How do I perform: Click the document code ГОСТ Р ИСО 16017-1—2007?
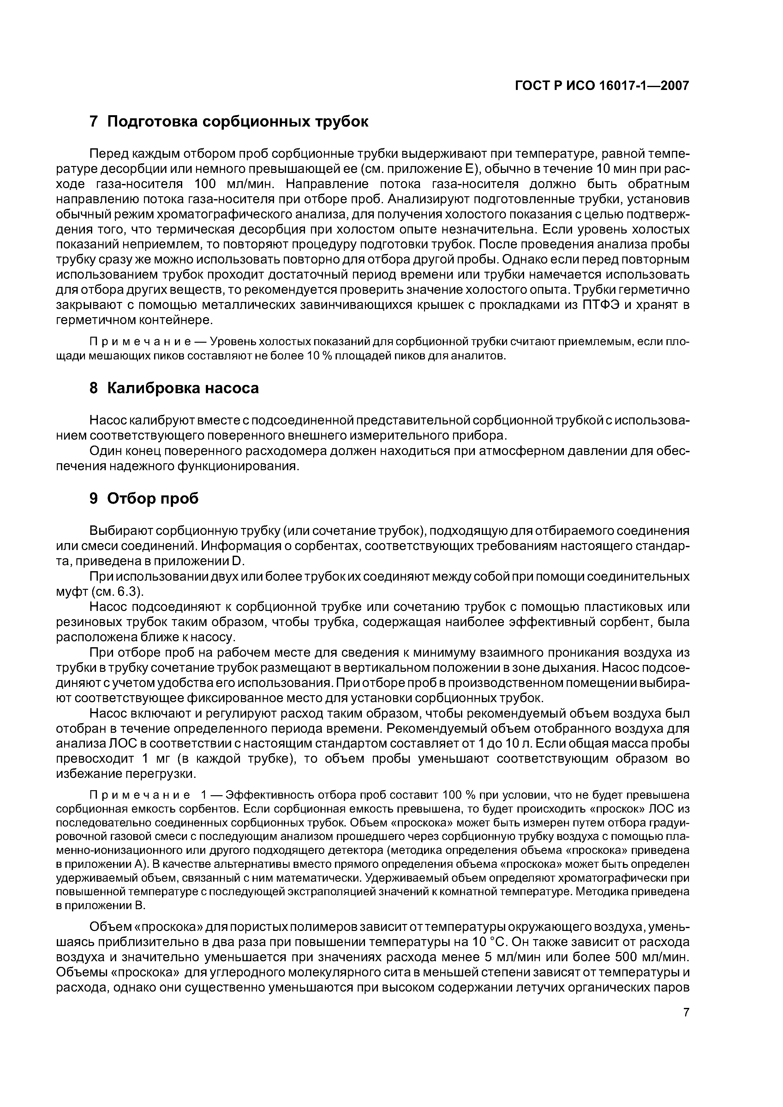[x=602, y=86]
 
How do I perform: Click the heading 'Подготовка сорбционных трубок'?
[x=237, y=121]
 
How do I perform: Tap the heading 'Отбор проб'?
[x=152, y=499]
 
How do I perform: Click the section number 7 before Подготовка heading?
[x=94, y=121]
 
